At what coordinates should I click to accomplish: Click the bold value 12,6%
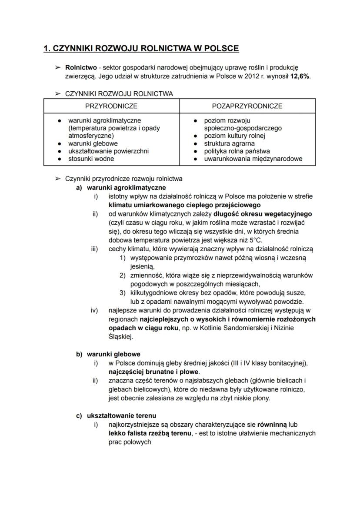300,76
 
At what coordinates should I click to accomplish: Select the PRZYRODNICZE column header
111,106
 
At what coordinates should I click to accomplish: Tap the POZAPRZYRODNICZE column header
247,106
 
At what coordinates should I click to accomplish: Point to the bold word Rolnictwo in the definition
81,68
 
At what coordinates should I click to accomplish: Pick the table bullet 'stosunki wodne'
91,159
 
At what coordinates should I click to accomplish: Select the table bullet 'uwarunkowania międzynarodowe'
253,159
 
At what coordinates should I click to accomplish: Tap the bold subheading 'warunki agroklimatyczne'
126,188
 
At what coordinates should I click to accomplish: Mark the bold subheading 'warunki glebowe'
113,354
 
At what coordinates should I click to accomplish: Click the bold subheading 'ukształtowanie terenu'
121,416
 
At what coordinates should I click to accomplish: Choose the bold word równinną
272,425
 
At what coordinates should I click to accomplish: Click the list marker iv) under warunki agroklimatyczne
94,310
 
